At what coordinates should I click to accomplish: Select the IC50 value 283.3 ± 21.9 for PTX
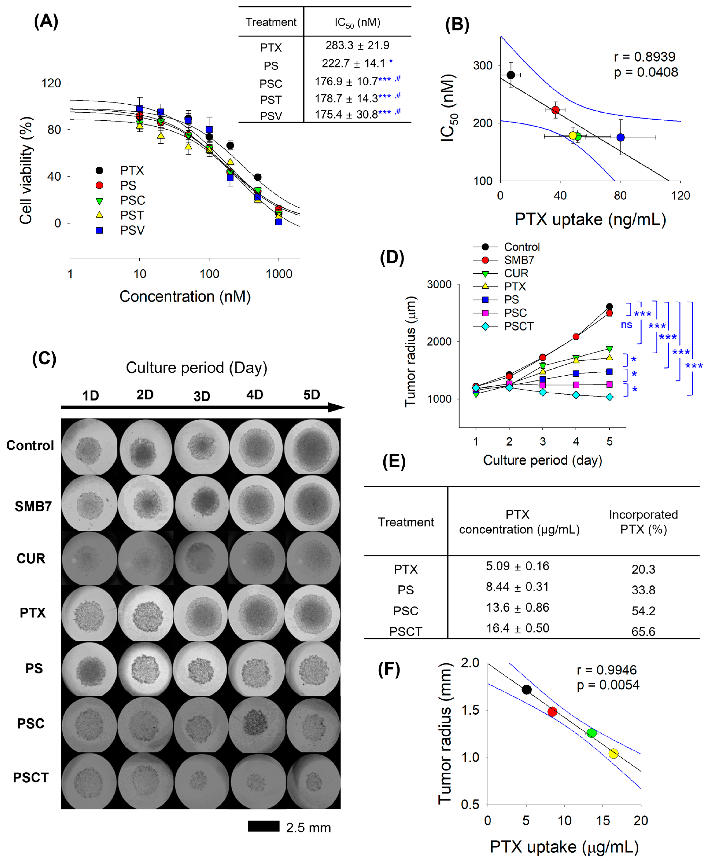[x=357, y=45]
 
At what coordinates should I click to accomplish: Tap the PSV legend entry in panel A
[x=132, y=230]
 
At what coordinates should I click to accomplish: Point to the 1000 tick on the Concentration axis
[x=279, y=274]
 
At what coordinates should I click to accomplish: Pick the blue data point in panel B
[x=620, y=137]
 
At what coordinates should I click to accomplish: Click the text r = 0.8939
[x=644, y=57]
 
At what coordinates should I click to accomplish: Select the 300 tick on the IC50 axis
[x=482, y=65]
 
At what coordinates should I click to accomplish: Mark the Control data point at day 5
[x=609, y=307]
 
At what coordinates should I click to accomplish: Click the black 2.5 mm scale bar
[x=264, y=826]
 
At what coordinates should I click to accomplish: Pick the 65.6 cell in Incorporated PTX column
[x=643, y=632]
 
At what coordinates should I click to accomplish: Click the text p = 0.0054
[x=608, y=685]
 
